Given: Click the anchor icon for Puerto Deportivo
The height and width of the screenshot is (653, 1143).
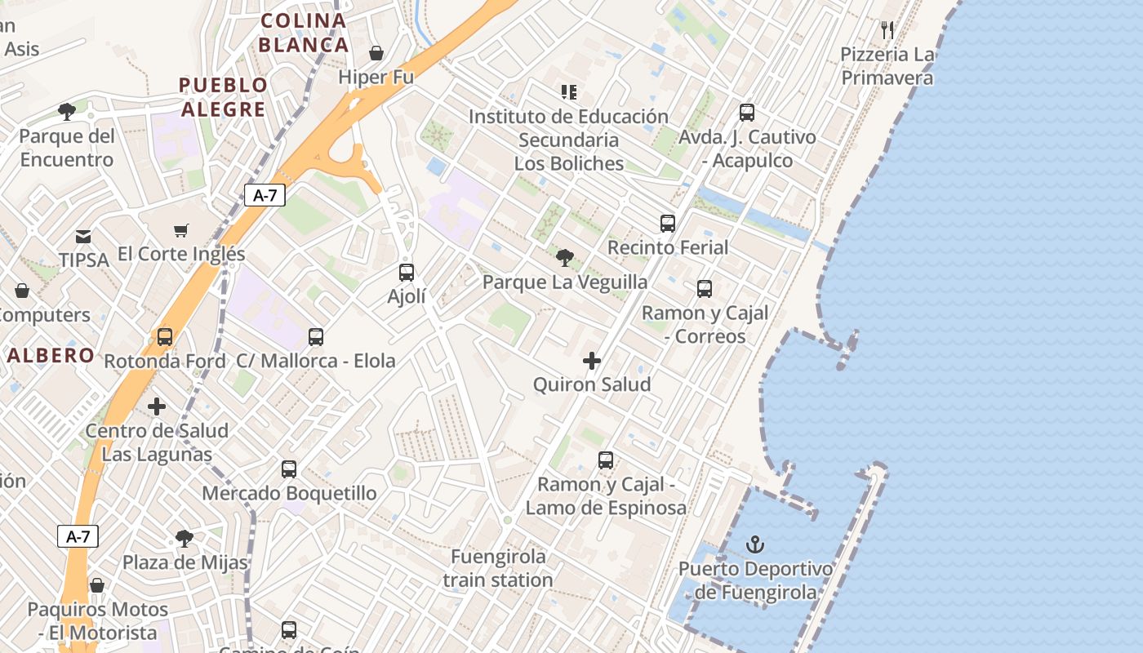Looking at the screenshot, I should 756,544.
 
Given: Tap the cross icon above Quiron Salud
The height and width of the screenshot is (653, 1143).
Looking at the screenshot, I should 592,361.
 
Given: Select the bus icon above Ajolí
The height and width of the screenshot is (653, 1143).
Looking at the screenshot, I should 407,273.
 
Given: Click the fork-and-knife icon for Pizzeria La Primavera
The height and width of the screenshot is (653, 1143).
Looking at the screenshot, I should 887,30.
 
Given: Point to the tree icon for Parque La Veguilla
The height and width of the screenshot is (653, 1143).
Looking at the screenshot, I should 564,259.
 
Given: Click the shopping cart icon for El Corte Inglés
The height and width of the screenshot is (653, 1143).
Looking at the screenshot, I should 180,231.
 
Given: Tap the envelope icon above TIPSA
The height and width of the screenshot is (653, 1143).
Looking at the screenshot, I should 83,237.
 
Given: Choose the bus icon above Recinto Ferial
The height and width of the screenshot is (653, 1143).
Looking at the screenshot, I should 668,223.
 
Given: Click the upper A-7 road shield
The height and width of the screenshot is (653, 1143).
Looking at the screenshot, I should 265,195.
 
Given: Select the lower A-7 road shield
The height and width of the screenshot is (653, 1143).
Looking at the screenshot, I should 78,536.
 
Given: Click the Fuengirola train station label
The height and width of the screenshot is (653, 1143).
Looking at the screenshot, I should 498,568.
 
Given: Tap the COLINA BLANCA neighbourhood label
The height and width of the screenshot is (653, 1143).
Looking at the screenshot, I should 304,33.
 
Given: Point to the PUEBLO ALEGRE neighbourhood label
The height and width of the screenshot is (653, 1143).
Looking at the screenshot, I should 223,97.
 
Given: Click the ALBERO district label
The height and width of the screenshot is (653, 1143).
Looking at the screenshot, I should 51,356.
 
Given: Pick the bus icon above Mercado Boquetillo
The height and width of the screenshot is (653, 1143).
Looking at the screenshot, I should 289,469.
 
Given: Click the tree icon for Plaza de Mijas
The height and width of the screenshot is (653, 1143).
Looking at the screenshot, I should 185,538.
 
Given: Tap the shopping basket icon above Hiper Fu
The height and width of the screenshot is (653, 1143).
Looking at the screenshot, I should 376,53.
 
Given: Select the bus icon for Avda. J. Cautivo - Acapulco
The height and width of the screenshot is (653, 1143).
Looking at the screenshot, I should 747,113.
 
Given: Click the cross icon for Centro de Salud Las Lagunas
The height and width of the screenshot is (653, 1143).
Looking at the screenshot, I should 157,406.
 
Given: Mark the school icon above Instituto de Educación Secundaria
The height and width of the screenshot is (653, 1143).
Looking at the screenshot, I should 569,92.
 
